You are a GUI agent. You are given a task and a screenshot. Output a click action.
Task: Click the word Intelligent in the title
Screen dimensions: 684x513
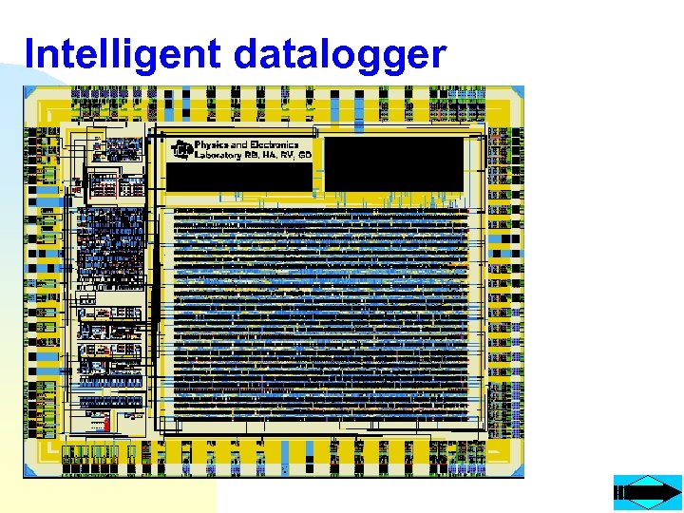pyautogui.click(x=123, y=54)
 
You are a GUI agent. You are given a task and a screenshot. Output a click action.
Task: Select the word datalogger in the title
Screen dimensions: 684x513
pyautogui.click(x=339, y=56)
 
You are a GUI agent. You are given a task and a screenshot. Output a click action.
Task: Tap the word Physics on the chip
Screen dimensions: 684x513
pyautogui.click(x=212, y=145)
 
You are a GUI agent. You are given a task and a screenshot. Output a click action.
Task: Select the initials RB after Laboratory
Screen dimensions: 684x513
pyautogui.click(x=252, y=155)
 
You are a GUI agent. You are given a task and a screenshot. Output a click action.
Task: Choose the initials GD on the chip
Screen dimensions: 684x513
pyautogui.click(x=304, y=155)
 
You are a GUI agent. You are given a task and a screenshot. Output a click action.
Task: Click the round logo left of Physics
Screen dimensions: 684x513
pyautogui.click(x=181, y=150)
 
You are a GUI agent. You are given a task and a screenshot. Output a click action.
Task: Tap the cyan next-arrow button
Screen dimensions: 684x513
pyautogui.click(x=648, y=492)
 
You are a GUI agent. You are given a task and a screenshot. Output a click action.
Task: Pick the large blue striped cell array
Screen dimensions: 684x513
pyautogui.click(x=320, y=313)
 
